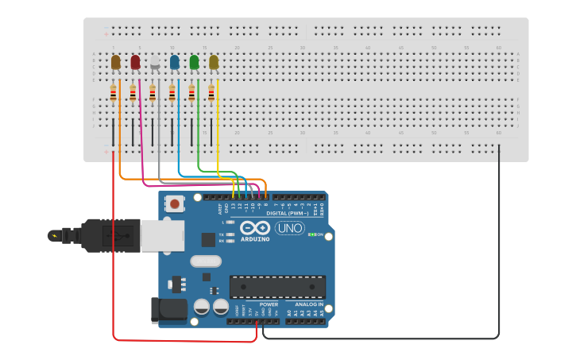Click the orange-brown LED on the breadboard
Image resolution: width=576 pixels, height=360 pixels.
coord(116,62)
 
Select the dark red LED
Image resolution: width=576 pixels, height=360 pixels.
coord(135,62)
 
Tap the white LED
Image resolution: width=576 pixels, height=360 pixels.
coord(155,62)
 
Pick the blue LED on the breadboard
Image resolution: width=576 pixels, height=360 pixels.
coord(174,62)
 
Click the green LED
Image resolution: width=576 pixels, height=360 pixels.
coord(194,62)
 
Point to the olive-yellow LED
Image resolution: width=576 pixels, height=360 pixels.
coord(213,62)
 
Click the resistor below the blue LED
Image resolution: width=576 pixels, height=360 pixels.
coord(172,94)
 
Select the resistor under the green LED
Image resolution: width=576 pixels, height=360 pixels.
coord(191,94)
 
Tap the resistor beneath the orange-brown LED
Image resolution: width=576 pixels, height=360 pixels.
coord(113,94)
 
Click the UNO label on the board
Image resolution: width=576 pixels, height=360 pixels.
coord(289,229)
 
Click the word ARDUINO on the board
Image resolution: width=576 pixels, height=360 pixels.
coord(254,238)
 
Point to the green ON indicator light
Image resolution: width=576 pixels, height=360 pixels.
coord(312,234)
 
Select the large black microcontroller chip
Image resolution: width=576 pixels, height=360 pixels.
coord(277,287)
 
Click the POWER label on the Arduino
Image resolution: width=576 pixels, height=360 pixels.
coord(269,304)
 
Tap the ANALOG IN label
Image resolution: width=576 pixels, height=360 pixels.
coord(309,304)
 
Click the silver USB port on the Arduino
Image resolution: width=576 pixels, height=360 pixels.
coord(162,236)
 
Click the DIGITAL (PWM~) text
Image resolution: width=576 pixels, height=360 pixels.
coord(287,213)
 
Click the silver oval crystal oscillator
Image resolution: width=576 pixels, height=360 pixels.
coord(206,261)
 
